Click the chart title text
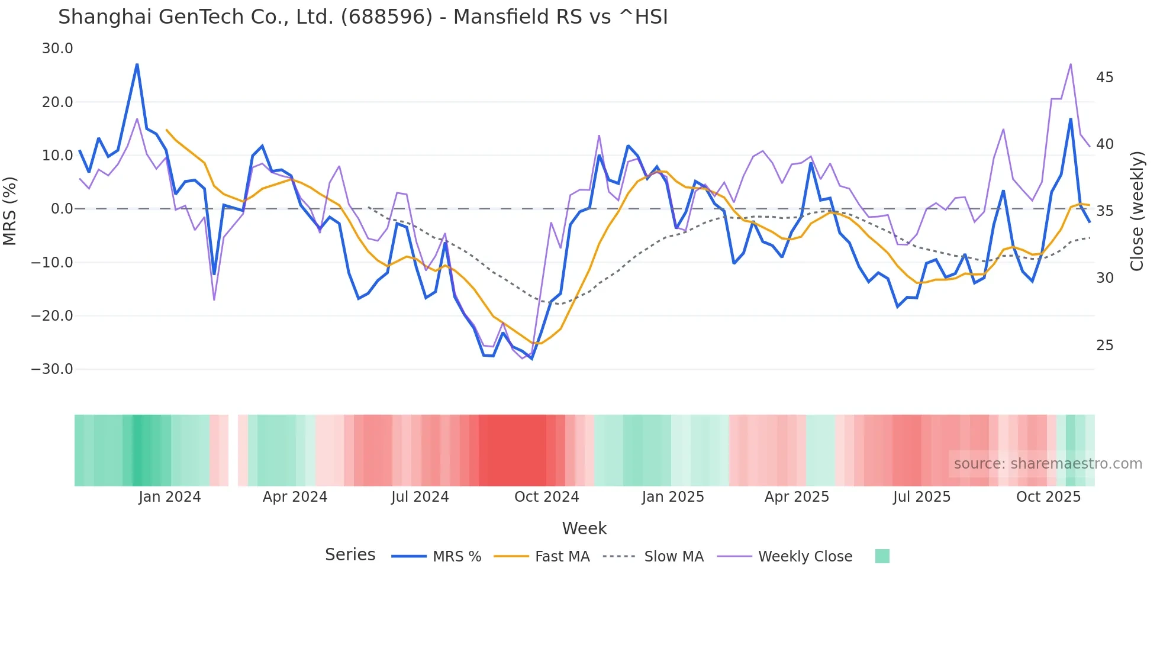(363, 17)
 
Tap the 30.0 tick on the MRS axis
(57, 49)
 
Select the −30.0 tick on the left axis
(52, 369)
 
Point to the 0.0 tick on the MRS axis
(62, 209)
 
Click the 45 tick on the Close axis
(1104, 78)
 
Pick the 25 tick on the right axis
(1104, 346)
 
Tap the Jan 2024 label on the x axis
(170, 497)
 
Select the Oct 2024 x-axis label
(546, 497)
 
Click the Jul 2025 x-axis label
(921, 497)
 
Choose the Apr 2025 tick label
(797, 497)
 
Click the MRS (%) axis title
(10, 211)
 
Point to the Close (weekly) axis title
(1136, 211)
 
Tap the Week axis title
(584, 528)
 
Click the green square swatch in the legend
(882, 556)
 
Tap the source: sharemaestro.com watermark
(1048, 464)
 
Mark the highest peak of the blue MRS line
(137, 64)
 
